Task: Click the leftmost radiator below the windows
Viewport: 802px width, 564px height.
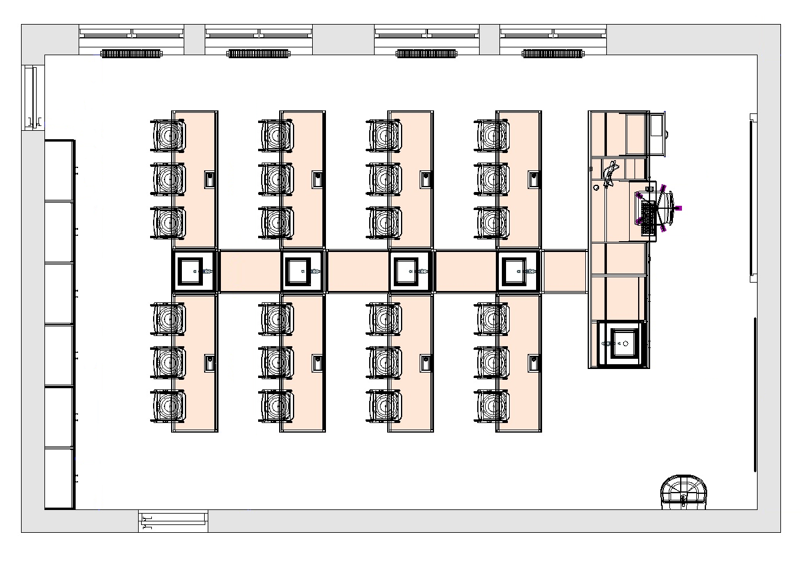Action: pos(131,54)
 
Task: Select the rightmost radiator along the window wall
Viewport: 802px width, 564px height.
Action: pos(553,54)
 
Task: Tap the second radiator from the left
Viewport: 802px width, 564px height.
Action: pos(258,54)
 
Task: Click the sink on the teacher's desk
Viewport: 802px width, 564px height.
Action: pos(624,343)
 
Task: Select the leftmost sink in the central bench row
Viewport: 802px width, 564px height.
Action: pos(194,271)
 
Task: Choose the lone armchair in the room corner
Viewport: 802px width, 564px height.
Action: pos(684,493)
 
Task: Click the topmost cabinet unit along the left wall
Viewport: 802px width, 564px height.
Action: pos(59,170)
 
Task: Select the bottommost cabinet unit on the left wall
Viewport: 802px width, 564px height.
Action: pos(59,479)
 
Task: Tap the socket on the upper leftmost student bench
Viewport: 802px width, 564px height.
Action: pos(210,179)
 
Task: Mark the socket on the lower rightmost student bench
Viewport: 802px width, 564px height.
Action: pos(533,363)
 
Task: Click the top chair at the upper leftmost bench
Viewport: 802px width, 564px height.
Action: pos(168,136)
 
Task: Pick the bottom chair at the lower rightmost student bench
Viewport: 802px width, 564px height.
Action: pos(492,406)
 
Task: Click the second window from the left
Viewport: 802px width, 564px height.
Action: pos(258,34)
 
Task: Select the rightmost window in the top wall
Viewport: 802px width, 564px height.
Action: pos(553,34)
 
